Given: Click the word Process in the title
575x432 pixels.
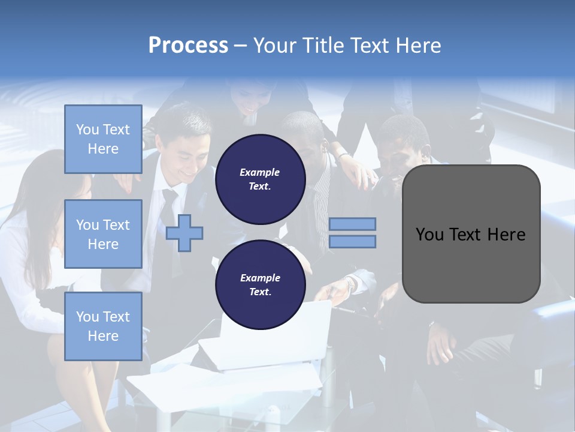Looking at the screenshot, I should (188, 45).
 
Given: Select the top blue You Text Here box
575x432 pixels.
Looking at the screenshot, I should (103, 139).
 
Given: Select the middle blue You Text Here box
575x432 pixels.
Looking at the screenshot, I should (103, 234).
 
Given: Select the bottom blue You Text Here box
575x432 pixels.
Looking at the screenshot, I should (103, 326).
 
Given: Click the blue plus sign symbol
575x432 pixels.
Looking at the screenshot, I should (184, 233).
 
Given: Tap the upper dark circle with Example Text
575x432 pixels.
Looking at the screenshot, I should (260, 179).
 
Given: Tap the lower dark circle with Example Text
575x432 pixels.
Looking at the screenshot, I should (260, 284).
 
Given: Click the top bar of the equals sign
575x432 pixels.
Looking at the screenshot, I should (353, 224).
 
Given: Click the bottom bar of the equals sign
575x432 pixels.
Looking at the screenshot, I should (353, 242).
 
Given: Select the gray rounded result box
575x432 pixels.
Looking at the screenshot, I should (471, 234).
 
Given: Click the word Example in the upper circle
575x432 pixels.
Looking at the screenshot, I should (260, 172).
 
